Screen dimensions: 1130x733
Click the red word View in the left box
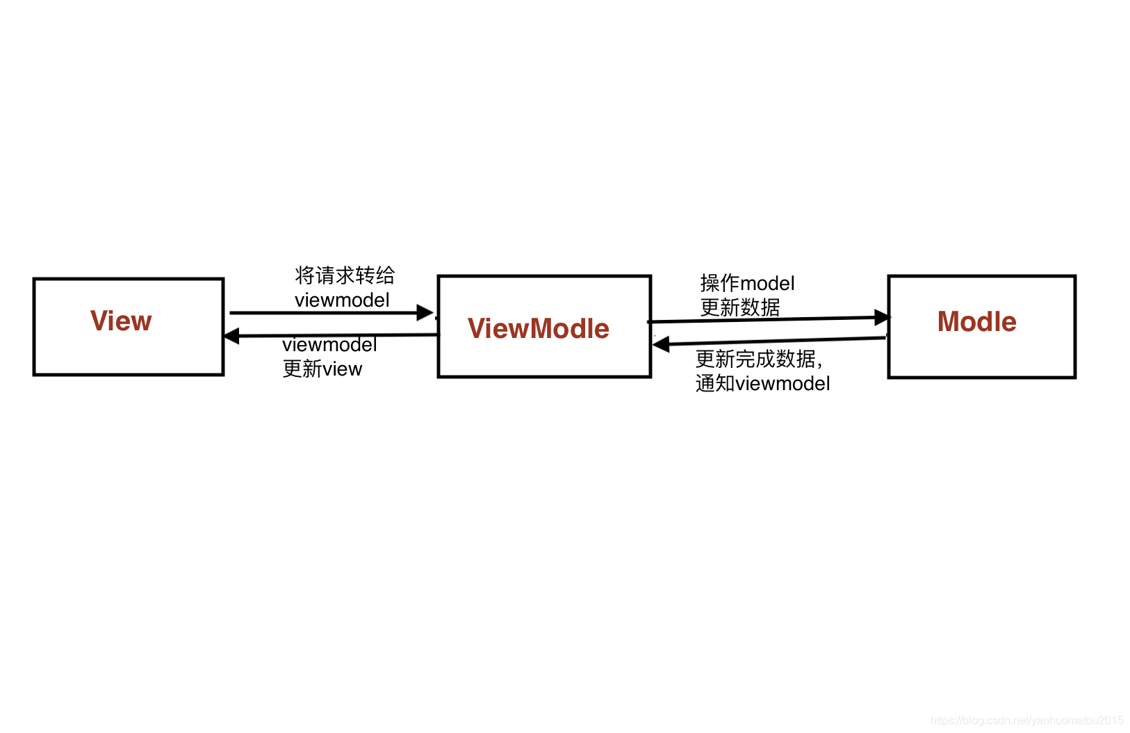(121, 321)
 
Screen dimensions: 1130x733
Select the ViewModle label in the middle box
(539, 329)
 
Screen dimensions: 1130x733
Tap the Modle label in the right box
(976, 321)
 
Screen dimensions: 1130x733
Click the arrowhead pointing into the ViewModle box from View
(425, 312)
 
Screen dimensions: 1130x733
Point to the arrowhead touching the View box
(231, 336)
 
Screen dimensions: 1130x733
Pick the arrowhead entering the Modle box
(883, 317)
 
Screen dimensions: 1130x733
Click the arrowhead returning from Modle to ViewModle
(660, 344)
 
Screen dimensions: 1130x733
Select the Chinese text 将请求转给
(345, 275)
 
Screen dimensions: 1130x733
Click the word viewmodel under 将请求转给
(342, 300)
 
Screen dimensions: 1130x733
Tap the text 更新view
(322, 369)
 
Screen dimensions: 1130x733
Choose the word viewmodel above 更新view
(329, 345)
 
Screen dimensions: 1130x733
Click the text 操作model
(747, 283)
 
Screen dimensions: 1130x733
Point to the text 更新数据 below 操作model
(740, 307)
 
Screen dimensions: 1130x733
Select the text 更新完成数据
(755, 359)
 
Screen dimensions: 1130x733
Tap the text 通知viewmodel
(763, 383)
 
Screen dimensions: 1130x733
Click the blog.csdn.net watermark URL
(1026, 720)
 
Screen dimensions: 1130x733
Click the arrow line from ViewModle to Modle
(769, 319)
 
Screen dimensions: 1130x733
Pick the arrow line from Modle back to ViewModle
(769, 341)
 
